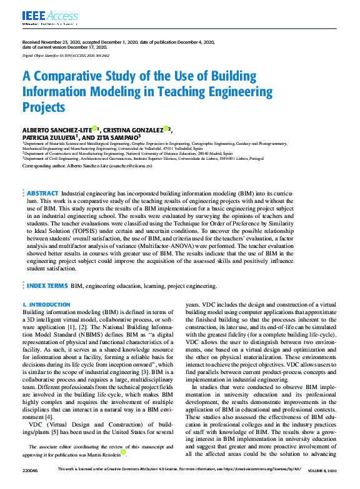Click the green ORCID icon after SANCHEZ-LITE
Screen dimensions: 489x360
(94, 128)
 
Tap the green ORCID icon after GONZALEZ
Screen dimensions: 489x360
(167, 128)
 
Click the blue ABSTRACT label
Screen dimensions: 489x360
(42, 194)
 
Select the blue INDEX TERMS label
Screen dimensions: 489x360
(47, 285)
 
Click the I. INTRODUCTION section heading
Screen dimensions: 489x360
(47, 305)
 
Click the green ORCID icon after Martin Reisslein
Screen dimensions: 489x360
(124, 452)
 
